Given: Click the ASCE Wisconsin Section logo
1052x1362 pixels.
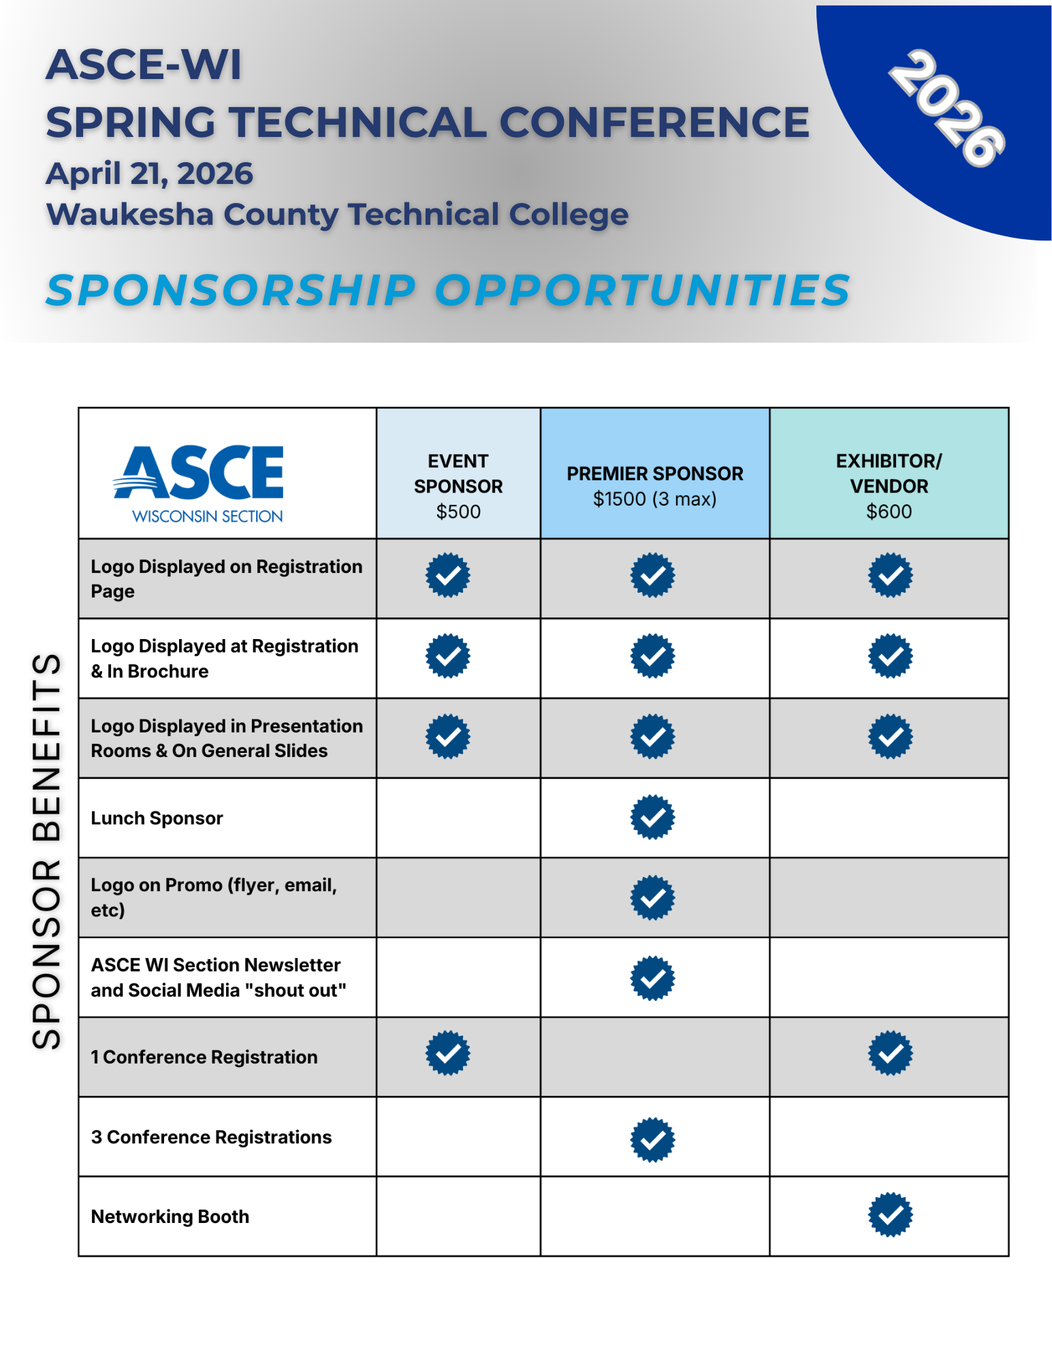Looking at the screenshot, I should (x=199, y=482).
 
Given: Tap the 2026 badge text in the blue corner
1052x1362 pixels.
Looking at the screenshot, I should (x=946, y=108).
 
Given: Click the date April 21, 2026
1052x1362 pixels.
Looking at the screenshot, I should (x=149, y=174).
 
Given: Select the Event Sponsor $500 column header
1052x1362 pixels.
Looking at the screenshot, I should (x=458, y=486).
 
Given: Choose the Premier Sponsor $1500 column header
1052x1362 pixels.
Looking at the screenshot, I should (x=654, y=486).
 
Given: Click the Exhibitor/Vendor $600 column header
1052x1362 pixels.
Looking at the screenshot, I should (x=889, y=486).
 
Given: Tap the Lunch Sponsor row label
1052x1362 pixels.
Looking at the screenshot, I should (x=157, y=818).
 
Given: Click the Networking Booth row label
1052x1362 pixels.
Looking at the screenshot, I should (x=170, y=1217).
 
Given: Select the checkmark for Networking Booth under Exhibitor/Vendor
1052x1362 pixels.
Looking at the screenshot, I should (x=890, y=1215).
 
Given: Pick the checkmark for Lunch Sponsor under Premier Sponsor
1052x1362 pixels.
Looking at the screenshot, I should (x=652, y=817).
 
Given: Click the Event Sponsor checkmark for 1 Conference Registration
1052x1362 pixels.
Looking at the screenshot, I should (x=447, y=1054).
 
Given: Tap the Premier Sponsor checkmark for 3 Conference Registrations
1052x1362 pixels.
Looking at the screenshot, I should (x=652, y=1140).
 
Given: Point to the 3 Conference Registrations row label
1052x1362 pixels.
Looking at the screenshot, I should (x=211, y=1137).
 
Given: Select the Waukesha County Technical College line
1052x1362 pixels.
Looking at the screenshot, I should (x=337, y=215).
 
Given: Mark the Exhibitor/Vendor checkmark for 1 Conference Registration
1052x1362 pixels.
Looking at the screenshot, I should (x=890, y=1054).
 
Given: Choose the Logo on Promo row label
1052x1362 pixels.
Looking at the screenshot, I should (x=213, y=897).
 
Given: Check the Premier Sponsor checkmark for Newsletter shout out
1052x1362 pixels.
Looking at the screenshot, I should (x=652, y=978).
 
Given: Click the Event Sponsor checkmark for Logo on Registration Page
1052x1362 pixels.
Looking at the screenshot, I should (x=447, y=576).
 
